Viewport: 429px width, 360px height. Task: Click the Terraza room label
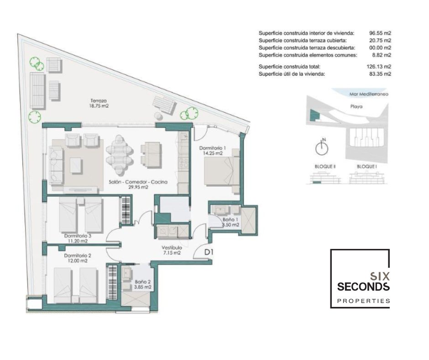[x=99, y=101]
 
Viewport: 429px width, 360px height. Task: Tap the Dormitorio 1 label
[x=213, y=148]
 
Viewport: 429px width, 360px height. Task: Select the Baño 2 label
[x=142, y=282]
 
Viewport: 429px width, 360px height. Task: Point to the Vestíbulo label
[x=172, y=248]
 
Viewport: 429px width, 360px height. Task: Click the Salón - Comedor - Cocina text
[x=138, y=182]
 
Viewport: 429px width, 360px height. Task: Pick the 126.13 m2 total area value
[x=379, y=67]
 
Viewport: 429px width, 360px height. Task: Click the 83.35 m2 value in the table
[x=380, y=74]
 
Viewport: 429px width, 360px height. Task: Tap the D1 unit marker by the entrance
[x=209, y=252]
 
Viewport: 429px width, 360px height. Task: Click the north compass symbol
[x=322, y=147]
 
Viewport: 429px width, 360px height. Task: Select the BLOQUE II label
[x=325, y=167]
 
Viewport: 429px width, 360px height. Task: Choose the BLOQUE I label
[x=367, y=167]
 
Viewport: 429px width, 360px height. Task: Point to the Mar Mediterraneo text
[x=369, y=94]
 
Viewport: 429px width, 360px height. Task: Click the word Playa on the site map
[x=356, y=106]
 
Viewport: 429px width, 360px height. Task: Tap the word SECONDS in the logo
[x=363, y=286]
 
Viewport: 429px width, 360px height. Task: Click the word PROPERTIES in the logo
[x=364, y=301]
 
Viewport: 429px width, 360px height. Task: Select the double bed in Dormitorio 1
[x=222, y=171]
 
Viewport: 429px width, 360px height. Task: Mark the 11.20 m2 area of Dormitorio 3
[x=78, y=241]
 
